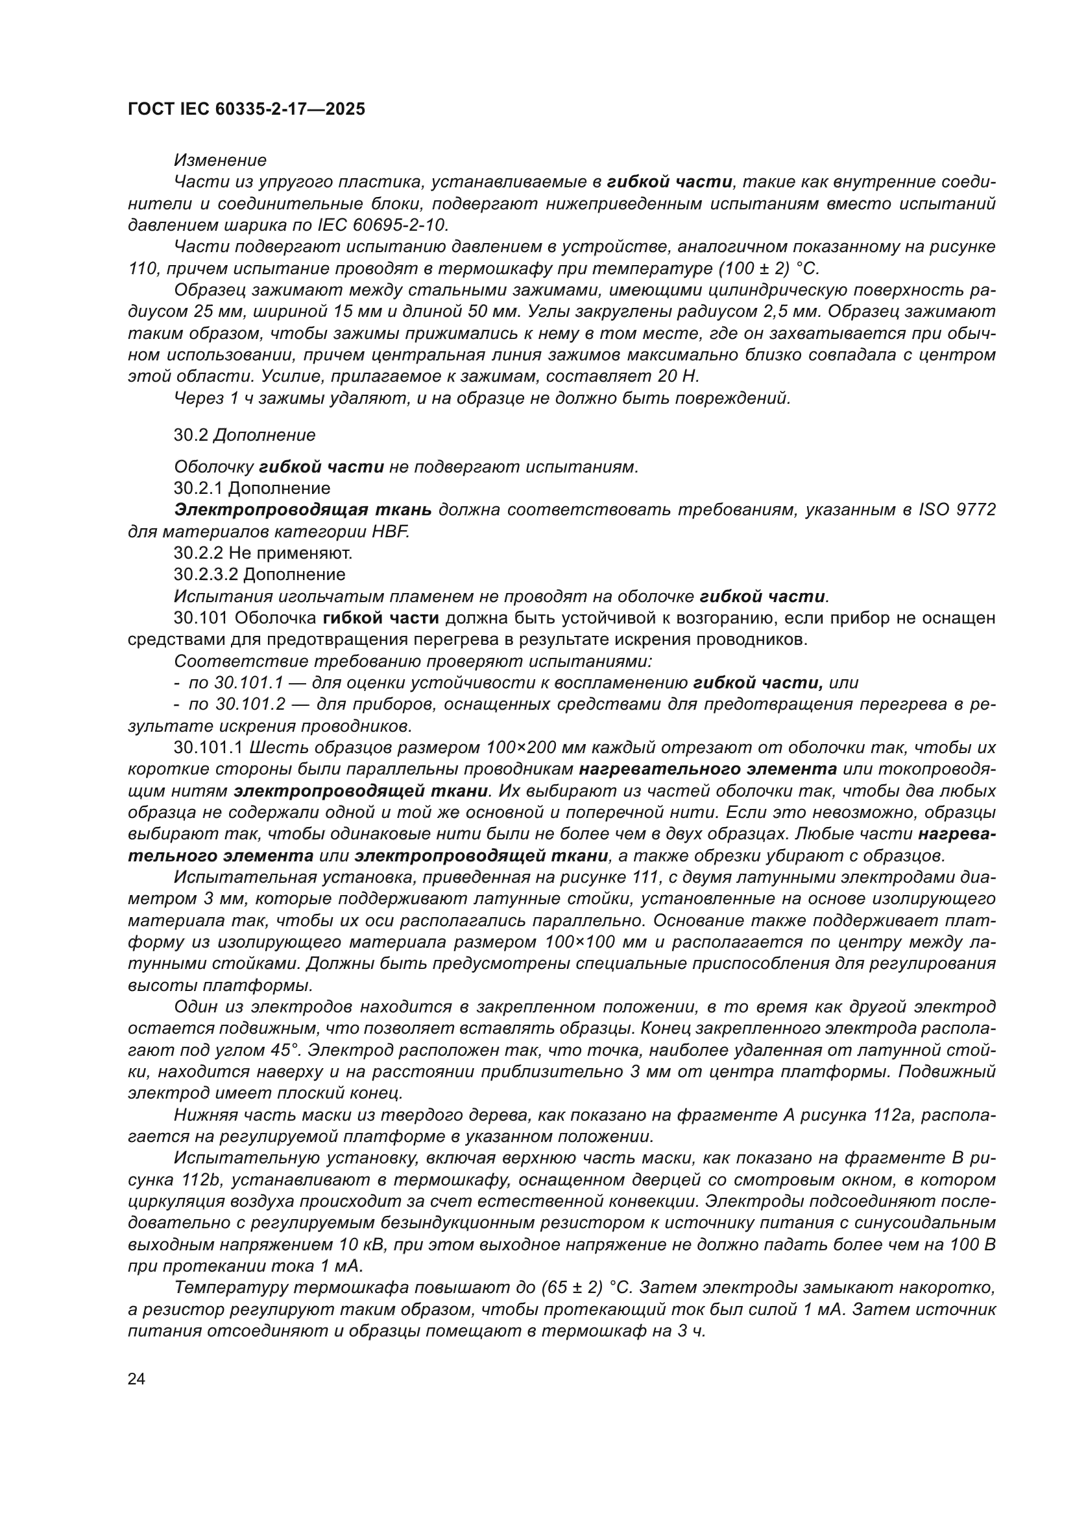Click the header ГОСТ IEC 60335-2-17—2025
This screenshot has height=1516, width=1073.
coord(247,110)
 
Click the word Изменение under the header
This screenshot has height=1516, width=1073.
coord(220,161)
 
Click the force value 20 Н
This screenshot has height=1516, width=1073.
coord(676,377)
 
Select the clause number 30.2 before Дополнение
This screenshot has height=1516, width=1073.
coord(191,435)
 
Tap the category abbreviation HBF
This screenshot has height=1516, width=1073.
coord(394,531)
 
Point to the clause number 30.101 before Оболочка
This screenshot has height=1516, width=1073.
coord(202,618)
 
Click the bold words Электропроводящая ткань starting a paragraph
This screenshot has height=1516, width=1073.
coord(303,509)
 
